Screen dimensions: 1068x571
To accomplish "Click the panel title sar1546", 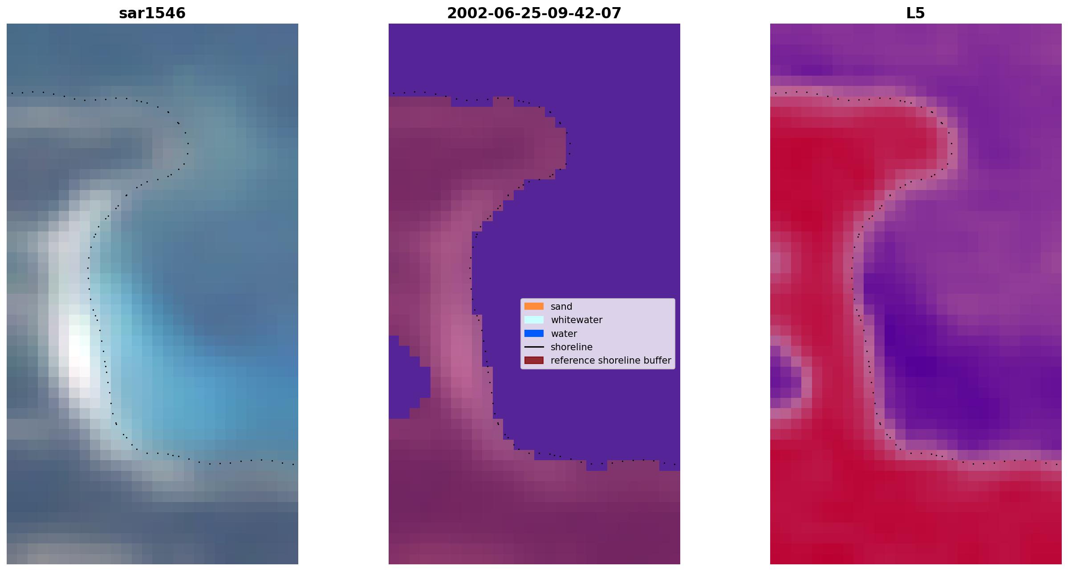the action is click(152, 13).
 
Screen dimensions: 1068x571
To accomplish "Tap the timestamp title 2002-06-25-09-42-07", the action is click(534, 13).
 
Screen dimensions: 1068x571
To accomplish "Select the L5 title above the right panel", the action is click(916, 13).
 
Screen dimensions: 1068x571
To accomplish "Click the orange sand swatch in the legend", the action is click(534, 306).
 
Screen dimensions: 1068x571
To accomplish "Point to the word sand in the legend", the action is click(561, 307).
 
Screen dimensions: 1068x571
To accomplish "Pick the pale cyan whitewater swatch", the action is click(534, 320).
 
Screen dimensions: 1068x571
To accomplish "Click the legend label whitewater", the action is click(577, 320).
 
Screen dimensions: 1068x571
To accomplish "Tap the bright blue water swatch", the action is click(534, 333).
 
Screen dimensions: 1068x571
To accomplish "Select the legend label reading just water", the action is click(564, 334).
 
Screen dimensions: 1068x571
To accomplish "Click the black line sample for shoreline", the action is click(534, 347).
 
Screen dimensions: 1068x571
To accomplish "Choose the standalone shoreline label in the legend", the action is click(572, 347).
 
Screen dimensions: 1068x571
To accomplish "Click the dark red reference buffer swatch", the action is click(534, 360).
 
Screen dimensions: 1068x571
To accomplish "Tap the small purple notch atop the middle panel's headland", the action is click(472, 101).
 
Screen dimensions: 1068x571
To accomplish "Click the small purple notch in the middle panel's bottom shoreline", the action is click(597, 466).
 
